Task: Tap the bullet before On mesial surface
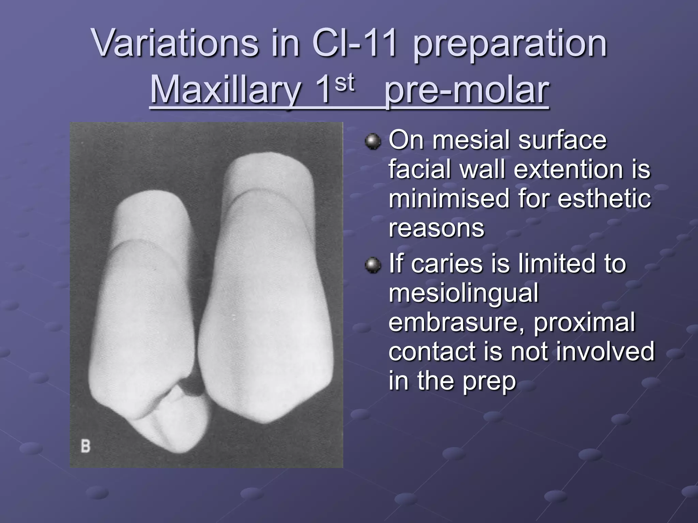[373, 141]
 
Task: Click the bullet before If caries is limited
[373, 265]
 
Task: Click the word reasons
[436, 228]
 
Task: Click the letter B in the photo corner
[86, 446]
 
